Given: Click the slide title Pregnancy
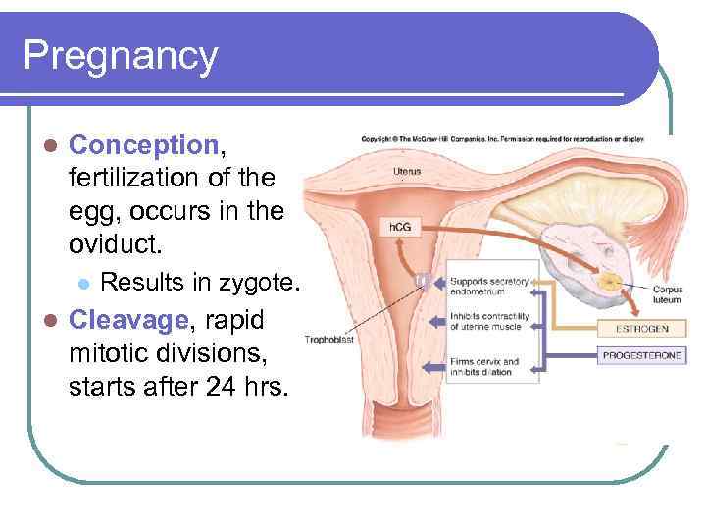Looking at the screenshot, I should (x=120, y=56).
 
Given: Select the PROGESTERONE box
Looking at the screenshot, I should (x=642, y=355).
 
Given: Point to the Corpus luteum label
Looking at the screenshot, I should (x=667, y=295).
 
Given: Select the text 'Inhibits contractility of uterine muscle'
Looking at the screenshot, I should (x=488, y=321).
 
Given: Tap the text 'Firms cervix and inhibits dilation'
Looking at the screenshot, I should (x=484, y=367).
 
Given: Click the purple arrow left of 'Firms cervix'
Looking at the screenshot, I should (x=432, y=366).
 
